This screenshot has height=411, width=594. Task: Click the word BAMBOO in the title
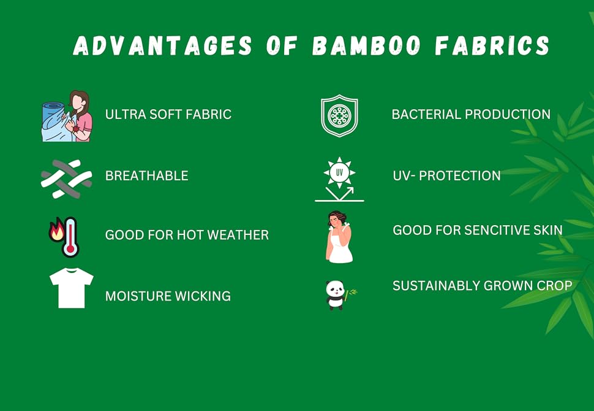(x=367, y=46)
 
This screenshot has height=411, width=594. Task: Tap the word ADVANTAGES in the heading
(x=162, y=46)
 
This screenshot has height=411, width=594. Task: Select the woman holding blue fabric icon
(x=67, y=116)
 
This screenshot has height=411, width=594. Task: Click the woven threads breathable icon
(x=66, y=179)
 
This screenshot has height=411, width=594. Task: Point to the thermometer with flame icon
(x=64, y=237)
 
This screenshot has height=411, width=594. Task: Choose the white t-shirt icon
(x=72, y=288)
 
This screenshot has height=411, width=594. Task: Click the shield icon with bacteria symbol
(x=339, y=116)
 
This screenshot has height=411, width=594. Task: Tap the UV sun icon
(x=339, y=179)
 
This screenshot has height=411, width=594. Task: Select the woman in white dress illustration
(x=339, y=237)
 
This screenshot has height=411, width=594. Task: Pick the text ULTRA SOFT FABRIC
(x=168, y=114)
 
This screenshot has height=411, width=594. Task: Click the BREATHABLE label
(x=146, y=175)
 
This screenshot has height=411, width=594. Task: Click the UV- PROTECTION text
(x=446, y=175)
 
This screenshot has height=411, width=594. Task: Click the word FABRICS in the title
(x=492, y=46)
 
